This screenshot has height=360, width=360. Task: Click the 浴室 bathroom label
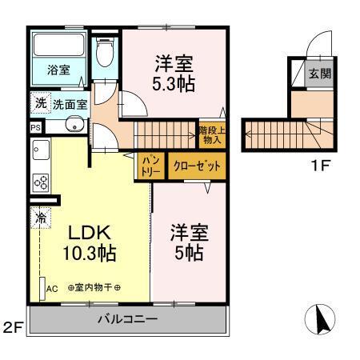point(58,70)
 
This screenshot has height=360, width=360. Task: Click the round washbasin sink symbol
point(74,126)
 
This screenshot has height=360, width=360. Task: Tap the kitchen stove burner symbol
point(41,182)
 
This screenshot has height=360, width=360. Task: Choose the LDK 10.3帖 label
point(90,244)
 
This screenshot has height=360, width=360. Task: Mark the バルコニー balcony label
point(128,318)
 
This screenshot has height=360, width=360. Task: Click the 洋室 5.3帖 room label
point(174,71)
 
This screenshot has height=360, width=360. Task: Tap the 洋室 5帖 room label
point(190,243)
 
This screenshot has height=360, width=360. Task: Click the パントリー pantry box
point(149,165)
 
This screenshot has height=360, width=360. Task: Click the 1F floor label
point(318,169)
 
